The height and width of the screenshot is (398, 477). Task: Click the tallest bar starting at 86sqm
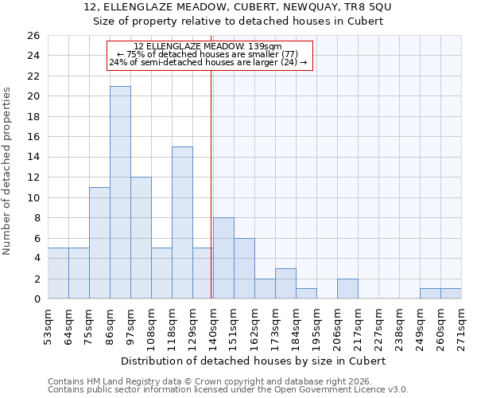(120, 193)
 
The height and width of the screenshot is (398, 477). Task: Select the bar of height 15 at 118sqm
(182, 223)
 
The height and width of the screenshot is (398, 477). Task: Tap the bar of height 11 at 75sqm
(99, 243)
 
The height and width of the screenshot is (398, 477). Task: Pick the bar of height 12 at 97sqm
(141, 238)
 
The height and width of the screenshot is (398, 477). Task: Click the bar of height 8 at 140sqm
(223, 258)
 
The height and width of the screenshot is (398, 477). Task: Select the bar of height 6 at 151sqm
(244, 268)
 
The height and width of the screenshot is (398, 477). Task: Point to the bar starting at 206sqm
(347, 289)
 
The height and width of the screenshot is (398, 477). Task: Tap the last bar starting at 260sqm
(451, 294)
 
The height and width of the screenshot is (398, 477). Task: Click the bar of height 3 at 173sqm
(285, 283)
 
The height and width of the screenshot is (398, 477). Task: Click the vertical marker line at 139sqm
(211, 183)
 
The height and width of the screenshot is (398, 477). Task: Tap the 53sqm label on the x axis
(48, 326)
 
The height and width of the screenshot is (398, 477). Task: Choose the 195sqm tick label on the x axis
(316, 326)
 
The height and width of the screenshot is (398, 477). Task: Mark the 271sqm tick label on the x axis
(461, 326)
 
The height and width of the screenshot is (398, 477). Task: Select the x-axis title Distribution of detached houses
(254, 361)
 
